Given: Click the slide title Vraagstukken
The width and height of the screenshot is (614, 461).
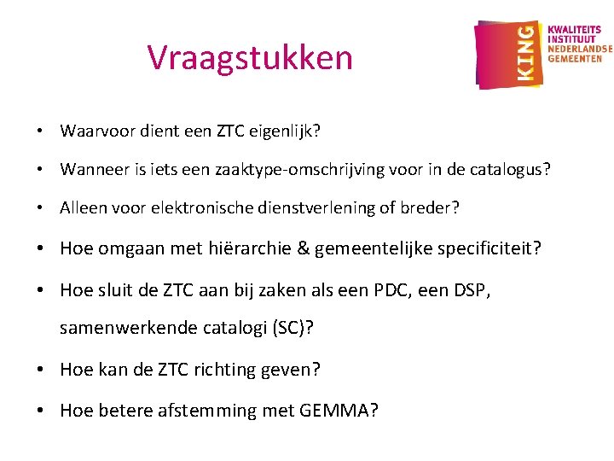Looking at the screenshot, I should coord(250,58).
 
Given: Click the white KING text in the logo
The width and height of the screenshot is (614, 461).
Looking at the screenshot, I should coord(527,53).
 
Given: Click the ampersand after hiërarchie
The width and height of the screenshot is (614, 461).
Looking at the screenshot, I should coord(303,248).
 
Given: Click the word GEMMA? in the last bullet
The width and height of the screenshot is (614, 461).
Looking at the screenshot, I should coord(339,410).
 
